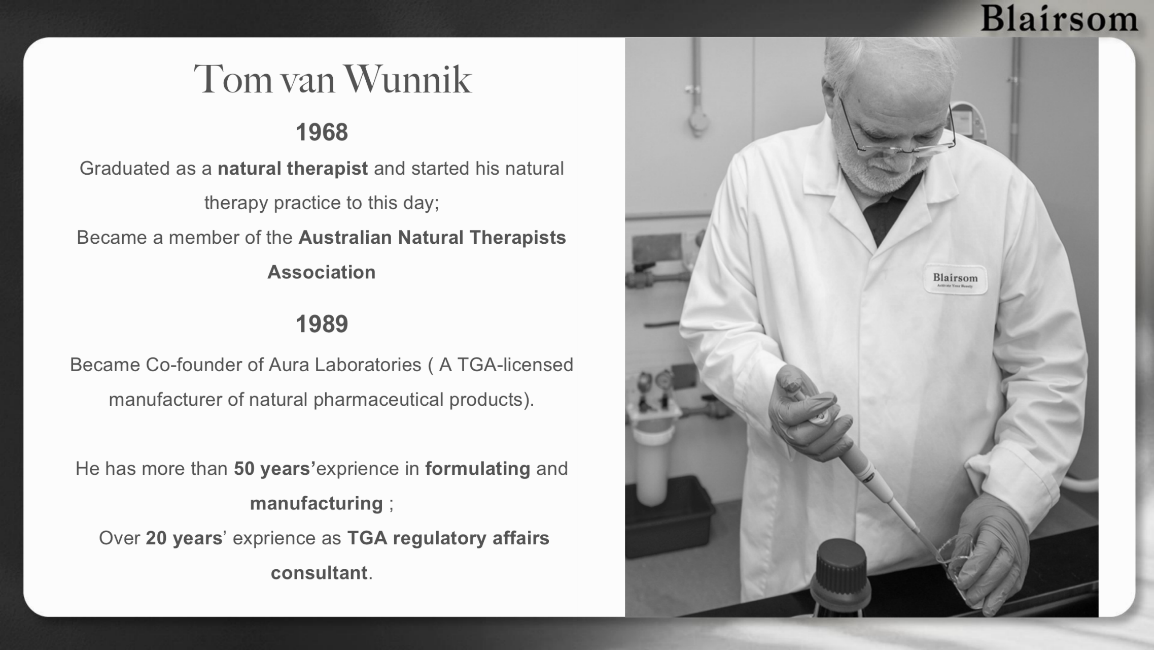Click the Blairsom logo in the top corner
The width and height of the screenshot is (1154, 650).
click(x=1059, y=19)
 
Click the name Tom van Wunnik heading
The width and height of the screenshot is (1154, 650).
click(x=333, y=80)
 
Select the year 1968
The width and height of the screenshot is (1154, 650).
click(x=322, y=133)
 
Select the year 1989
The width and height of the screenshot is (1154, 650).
click(x=322, y=324)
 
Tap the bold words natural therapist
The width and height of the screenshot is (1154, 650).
click(x=293, y=168)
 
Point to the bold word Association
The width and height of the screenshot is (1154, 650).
click(x=322, y=272)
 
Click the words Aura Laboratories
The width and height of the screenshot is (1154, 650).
click(x=345, y=365)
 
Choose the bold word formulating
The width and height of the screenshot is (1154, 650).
click(x=477, y=469)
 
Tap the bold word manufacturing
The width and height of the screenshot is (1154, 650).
click(x=317, y=503)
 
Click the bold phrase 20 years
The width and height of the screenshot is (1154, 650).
click(x=184, y=538)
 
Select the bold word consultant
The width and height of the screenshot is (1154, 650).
click(x=319, y=573)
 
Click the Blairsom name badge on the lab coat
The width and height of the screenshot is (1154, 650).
click(x=955, y=279)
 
